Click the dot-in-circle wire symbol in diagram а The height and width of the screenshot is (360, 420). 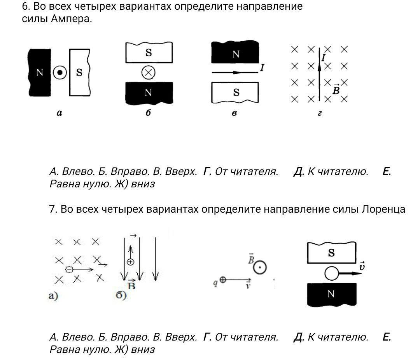60,73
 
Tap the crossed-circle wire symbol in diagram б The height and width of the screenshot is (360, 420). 149,72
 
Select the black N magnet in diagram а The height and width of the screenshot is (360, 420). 39,73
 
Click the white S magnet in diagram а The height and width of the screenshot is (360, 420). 80,72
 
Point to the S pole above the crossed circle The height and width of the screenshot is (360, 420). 149,52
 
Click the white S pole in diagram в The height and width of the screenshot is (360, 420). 235,93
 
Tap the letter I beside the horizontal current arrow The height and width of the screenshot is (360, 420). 262,68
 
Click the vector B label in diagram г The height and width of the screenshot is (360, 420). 336,90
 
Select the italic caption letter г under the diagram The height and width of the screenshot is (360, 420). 320,113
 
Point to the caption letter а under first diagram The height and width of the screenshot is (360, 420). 59,113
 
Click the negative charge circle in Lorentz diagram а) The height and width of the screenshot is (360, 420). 69,269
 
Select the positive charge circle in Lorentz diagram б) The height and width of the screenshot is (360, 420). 130,262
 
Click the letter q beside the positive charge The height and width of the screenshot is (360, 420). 215,282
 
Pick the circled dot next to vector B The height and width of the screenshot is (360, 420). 260,267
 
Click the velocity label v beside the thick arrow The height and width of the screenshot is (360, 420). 362,266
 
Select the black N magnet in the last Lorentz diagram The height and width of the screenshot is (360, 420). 332,294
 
